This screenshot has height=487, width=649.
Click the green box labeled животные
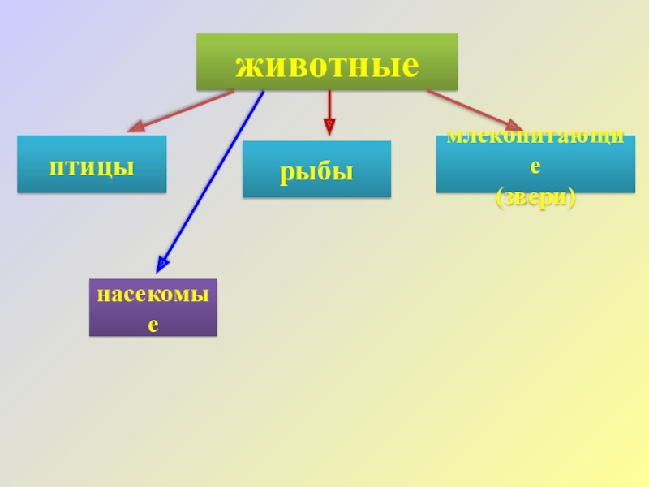pyautogui.click(x=326, y=62)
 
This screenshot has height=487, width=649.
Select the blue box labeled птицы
pyautogui.click(x=92, y=164)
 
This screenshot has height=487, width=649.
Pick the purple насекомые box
pyautogui.click(x=153, y=308)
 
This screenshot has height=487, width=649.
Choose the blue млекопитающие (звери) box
pyautogui.click(x=535, y=164)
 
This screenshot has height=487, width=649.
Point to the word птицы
pyautogui.click(x=92, y=166)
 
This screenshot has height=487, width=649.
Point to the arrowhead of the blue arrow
pyautogui.click(x=162, y=265)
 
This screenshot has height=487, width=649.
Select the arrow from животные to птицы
pyautogui.click(x=183, y=110)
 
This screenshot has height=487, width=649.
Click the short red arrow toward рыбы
pyautogui.click(x=329, y=106)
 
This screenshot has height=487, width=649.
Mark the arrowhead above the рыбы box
pyautogui.click(x=329, y=126)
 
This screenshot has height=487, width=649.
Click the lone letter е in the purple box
pyautogui.click(x=153, y=325)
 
